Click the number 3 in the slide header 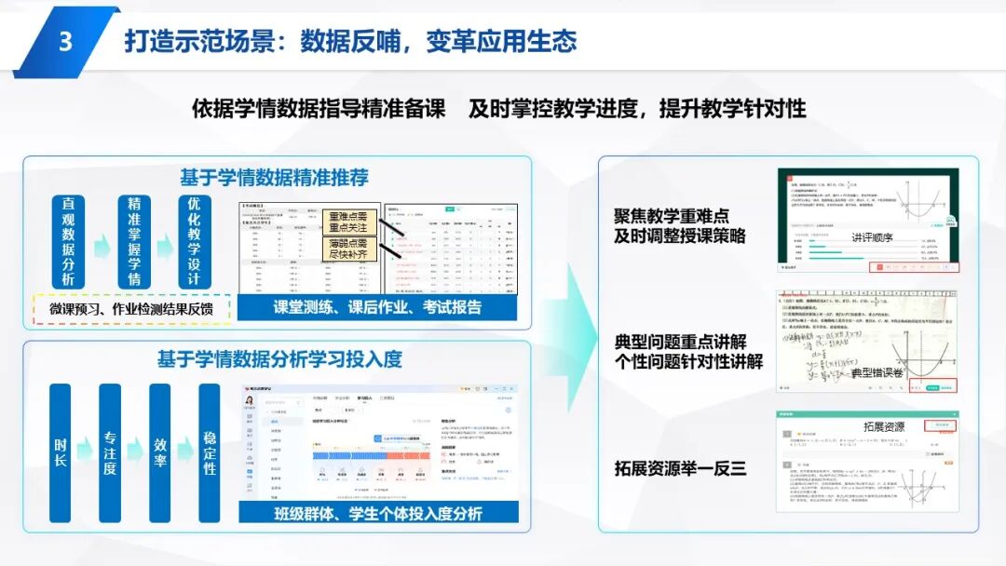tap(64, 42)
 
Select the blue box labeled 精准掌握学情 tap(134, 241)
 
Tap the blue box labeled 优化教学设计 tap(194, 241)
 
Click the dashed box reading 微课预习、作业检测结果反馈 tap(131, 309)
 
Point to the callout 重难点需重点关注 tap(348, 222)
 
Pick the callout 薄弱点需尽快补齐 tap(348, 249)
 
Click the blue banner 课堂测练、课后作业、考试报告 tap(377, 307)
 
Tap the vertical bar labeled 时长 tap(60, 452)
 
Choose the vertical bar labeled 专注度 tap(110, 452)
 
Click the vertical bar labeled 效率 tap(160, 452)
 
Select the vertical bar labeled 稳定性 tap(210, 452)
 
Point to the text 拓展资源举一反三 tap(680, 469)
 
